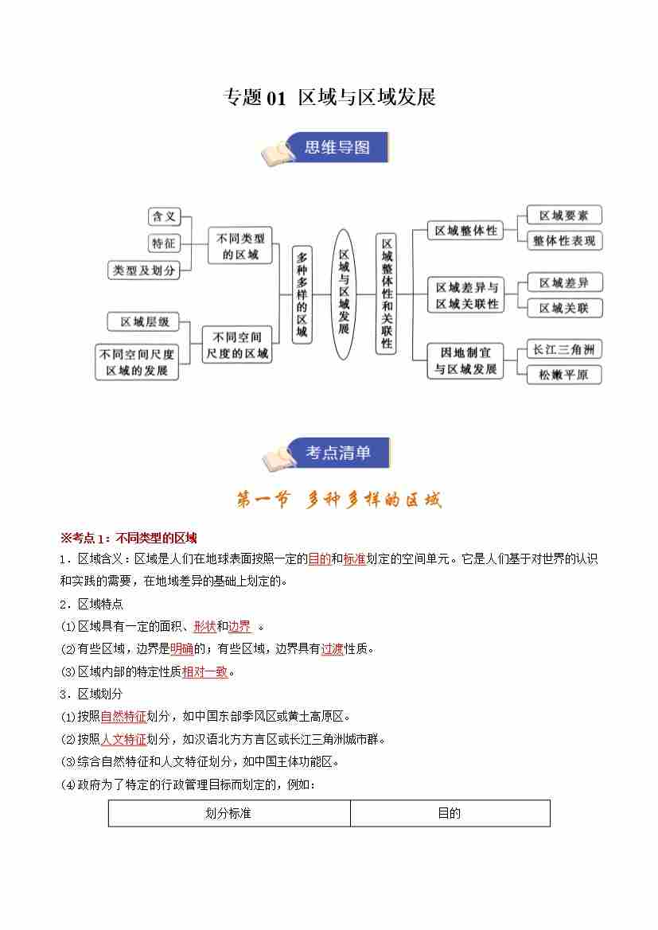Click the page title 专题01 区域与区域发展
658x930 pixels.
(329, 98)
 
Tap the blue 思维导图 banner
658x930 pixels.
(336, 147)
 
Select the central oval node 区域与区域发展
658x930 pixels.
(343, 294)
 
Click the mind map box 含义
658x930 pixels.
(165, 216)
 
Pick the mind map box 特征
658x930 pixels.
(164, 243)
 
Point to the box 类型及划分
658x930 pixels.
(143, 270)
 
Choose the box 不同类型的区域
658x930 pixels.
(240, 245)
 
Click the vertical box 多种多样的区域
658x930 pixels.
(302, 294)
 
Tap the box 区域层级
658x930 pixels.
(144, 321)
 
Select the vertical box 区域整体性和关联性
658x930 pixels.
(386, 294)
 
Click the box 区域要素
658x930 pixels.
(563, 215)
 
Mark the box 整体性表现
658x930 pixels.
(564, 240)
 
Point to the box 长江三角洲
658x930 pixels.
(564, 349)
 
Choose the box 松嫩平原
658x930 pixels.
(563, 375)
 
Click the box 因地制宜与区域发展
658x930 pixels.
(465, 360)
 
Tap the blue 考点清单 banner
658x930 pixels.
(337, 453)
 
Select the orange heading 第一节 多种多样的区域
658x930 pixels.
(338, 500)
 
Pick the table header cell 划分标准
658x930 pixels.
(228, 813)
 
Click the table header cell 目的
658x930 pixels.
(450, 813)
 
